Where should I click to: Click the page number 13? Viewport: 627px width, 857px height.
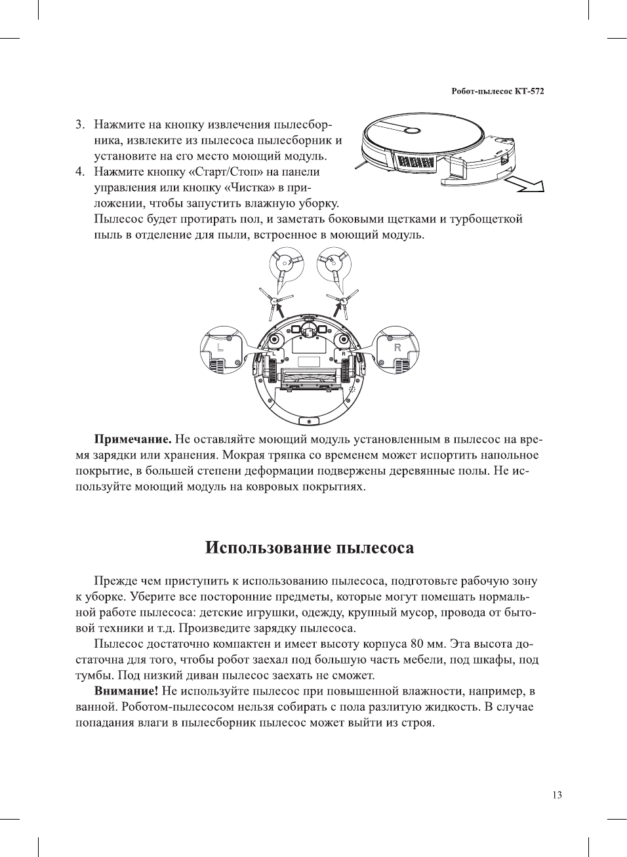click(557, 795)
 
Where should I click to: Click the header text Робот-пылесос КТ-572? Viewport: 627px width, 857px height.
click(498, 91)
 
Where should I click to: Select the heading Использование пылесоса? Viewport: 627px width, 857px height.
click(310, 548)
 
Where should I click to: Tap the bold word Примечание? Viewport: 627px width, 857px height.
click(133, 439)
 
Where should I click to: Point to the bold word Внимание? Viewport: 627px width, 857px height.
click(127, 690)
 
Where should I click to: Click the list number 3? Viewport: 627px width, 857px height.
click(80, 125)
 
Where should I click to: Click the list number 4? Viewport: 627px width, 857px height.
click(80, 172)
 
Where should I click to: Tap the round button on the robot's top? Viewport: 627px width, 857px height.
click(411, 130)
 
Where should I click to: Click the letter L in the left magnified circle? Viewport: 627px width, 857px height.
click(220, 347)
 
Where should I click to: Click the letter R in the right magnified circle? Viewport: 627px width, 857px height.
click(397, 347)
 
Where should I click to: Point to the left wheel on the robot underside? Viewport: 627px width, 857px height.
click(270, 372)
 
